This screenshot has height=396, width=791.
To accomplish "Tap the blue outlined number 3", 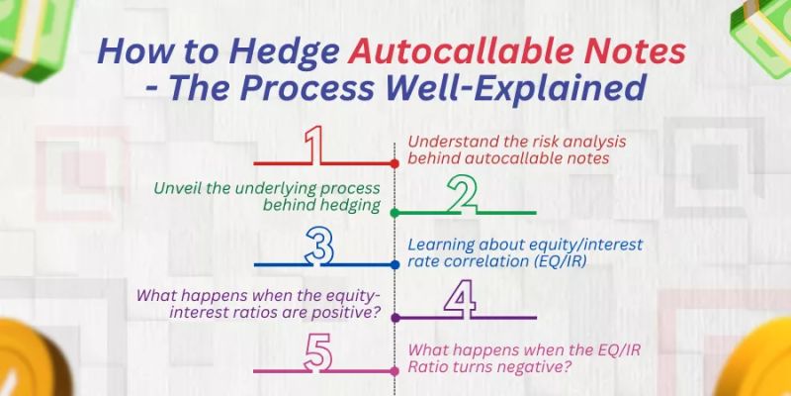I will (x=317, y=246).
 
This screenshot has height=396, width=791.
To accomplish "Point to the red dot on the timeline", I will (x=395, y=161).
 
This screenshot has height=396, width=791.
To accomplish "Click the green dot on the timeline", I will (x=395, y=213).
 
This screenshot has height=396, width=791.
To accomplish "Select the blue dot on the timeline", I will (x=395, y=265).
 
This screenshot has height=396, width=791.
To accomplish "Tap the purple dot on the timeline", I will (x=395, y=318).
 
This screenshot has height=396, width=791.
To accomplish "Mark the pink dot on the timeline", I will (x=395, y=370).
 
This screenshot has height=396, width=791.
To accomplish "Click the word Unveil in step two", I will (x=178, y=186).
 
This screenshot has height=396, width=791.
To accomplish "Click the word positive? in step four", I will (x=354, y=314).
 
